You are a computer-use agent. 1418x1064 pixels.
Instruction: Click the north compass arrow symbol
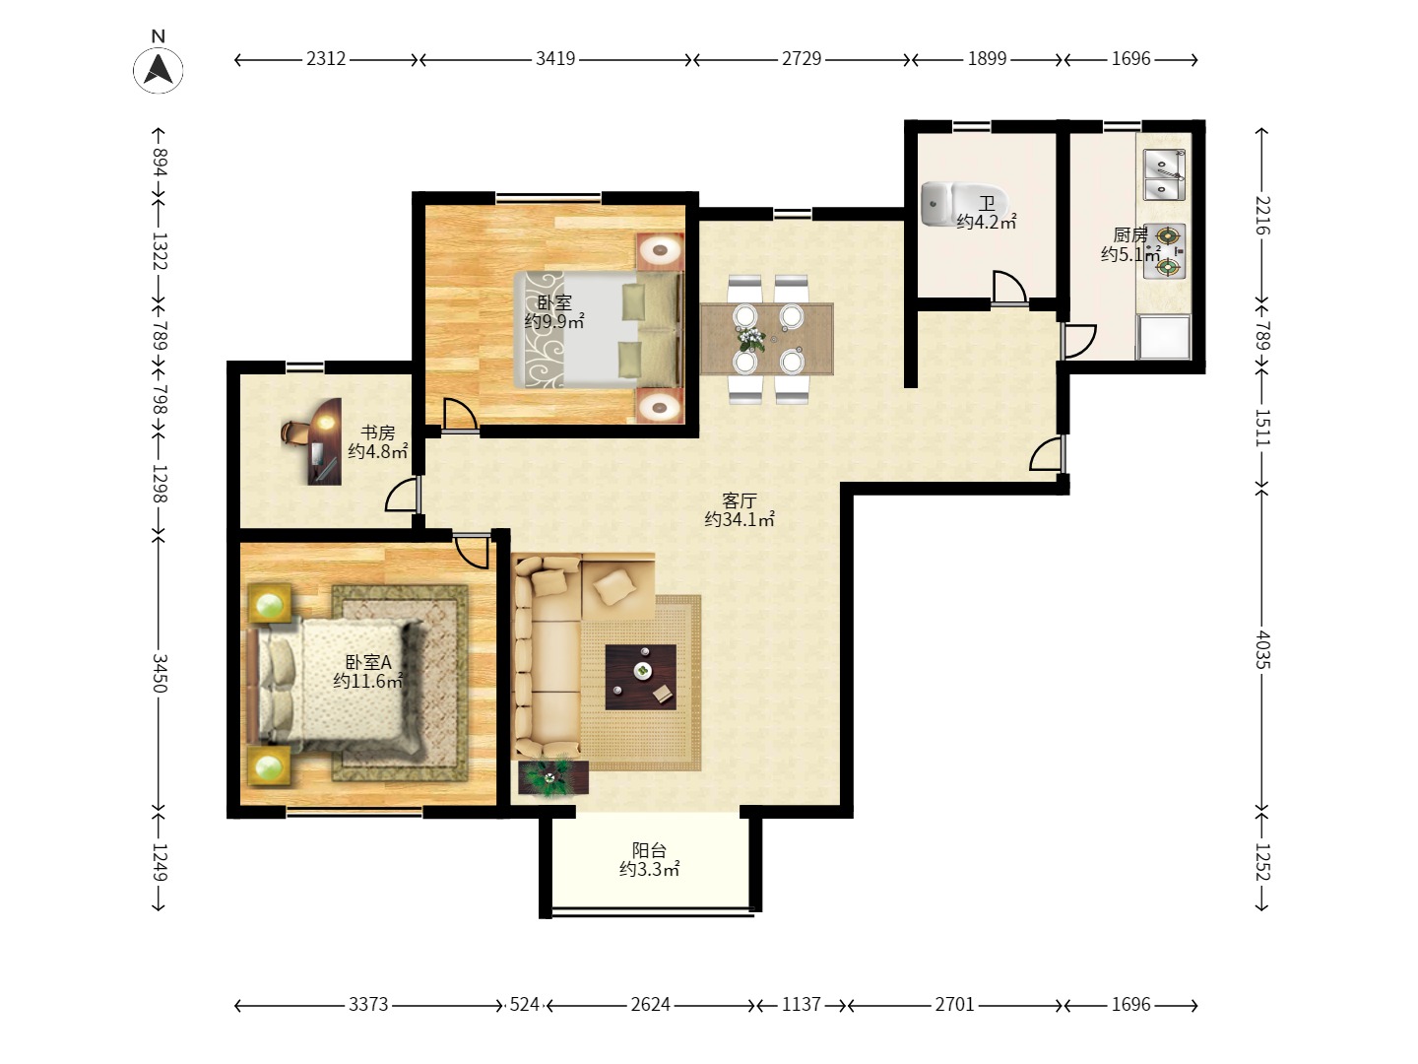pyautogui.click(x=159, y=69)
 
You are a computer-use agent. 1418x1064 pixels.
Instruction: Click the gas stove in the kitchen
pyautogui.click(x=1164, y=251)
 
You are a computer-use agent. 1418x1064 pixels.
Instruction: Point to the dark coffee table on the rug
pyautogui.click(x=641, y=677)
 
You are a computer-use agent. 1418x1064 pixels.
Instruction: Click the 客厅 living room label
pyautogui.click(x=740, y=500)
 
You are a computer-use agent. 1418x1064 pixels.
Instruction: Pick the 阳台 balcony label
pyautogui.click(x=649, y=850)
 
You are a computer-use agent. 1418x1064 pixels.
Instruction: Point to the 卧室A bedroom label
pyautogui.click(x=368, y=662)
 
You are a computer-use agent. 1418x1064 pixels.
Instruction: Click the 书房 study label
pyautogui.click(x=377, y=432)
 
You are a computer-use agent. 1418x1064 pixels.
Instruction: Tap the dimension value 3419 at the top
pyautogui.click(x=555, y=59)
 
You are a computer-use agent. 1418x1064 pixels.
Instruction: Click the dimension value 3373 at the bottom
pyautogui.click(x=368, y=1004)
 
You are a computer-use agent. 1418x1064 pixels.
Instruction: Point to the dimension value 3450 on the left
pyautogui.click(x=160, y=673)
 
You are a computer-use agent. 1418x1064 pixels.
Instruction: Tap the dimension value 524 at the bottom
pyautogui.click(x=524, y=1004)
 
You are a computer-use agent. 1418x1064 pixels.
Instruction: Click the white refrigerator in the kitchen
pyautogui.click(x=1164, y=337)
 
